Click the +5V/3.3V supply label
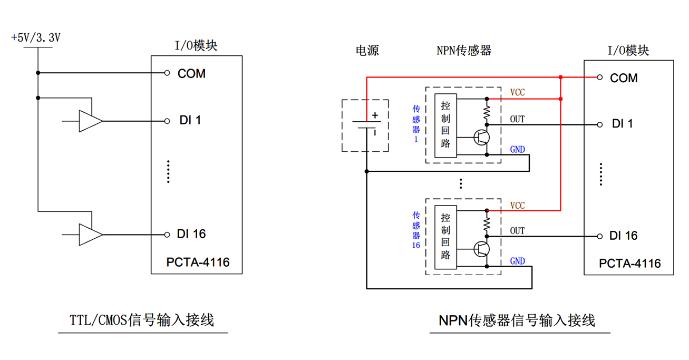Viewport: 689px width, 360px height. [x=35, y=38]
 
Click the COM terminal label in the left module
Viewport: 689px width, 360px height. [x=191, y=74]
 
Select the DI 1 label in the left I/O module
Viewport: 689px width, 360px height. [x=190, y=121]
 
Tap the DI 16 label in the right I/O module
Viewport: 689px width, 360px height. [x=623, y=236]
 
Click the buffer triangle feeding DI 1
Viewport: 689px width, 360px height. [x=90, y=121]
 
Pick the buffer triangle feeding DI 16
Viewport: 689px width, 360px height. [x=90, y=235]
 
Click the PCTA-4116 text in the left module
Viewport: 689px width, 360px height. [x=198, y=262]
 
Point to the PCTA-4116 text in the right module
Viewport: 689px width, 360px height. [x=629, y=263]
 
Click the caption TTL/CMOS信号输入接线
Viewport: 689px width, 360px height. [x=142, y=320]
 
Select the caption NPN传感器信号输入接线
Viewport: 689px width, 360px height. [x=517, y=320]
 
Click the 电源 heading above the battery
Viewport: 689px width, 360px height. [x=367, y=51]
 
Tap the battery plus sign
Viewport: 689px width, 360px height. [x=375, y=115]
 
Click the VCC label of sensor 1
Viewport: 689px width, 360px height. [x=517, y=93]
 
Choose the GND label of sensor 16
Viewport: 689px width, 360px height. [x=517, y=261]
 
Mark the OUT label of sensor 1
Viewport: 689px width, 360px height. [x=517, y=119]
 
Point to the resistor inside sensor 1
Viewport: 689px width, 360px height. [x=487, y=112]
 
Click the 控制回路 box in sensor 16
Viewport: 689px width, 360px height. [x=445, y=236]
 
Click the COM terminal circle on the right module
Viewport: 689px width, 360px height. [x=599, y=77]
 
